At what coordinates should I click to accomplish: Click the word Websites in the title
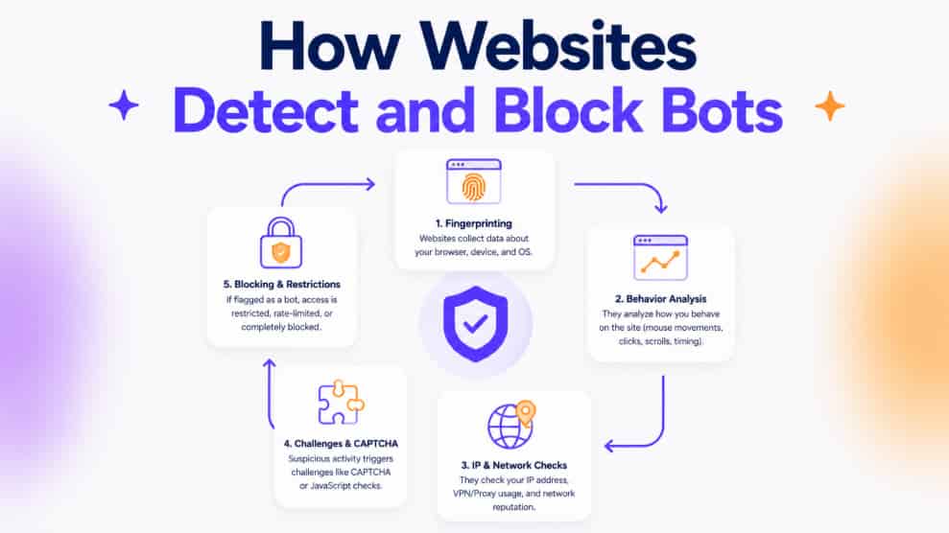point(558,47)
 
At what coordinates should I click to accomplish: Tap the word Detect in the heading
point(266,110)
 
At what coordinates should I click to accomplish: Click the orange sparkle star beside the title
point(830,106)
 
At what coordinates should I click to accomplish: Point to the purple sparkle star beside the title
point(124,105)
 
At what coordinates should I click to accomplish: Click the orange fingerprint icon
point(474,187)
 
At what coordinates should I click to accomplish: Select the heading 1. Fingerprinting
point(473,223)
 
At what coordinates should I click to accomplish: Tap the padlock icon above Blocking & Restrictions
point(281,243)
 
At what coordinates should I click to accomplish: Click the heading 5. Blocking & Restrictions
point(281,284)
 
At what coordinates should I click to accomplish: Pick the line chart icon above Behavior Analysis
point(660,258)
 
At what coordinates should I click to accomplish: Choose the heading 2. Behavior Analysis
point(660,298)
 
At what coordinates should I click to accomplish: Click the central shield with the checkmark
point(475,323)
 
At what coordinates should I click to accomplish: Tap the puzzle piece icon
point(341,403)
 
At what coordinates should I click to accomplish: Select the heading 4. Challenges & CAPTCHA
point(341,444)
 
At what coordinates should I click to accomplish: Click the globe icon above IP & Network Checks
point(510,427)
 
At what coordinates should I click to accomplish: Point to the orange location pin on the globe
point(526,413)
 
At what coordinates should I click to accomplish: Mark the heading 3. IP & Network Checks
point(513,465)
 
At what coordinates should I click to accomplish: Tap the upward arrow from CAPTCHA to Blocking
point(270,393)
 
